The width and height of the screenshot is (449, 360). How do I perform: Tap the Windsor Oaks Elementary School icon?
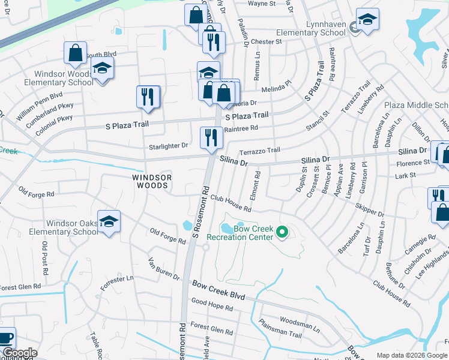tap(109, 222)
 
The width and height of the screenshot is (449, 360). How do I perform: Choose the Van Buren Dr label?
tap(164, 269)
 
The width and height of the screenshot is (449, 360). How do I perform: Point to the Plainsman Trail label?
tap(280, 329)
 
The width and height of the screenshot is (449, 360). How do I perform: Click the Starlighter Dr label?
tap(167, 146)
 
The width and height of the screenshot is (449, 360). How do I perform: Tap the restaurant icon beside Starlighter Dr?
tap(211, 137)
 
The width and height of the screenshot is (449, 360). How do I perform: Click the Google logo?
tap(19, 353)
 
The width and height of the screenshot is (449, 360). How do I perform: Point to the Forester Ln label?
tap(117, 282)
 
